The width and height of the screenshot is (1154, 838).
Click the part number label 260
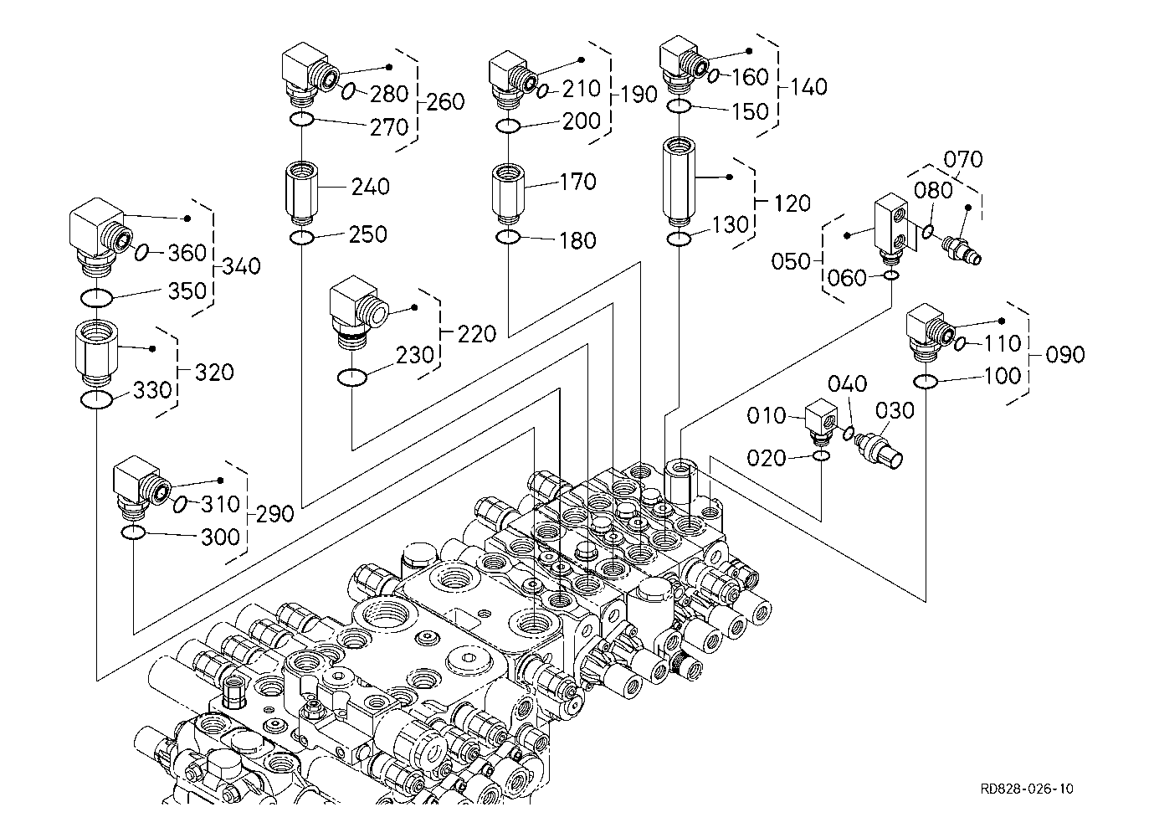tap(445, 102)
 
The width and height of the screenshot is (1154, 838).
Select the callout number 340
tap(241, 267)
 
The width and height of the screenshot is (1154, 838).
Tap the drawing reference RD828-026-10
tap(1028, 789)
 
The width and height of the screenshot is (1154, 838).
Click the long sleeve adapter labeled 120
tap(680, 182)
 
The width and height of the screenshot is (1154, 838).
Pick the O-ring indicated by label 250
tap(301, 239)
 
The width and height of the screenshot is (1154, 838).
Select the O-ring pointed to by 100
tap(925, 383)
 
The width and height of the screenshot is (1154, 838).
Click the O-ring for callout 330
tap(97, 400)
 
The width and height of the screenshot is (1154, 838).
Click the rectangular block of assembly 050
tap(890, 227)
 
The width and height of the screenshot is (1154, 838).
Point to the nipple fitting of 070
tap(961, 249)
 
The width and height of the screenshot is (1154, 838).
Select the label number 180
tap(577, 241)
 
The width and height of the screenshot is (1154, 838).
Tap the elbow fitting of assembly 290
tap(140, 487)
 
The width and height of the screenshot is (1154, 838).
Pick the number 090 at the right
tap(1064, 355)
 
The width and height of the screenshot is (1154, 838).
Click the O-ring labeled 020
tap(822, 456)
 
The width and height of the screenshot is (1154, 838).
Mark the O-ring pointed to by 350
tap(97, 297)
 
